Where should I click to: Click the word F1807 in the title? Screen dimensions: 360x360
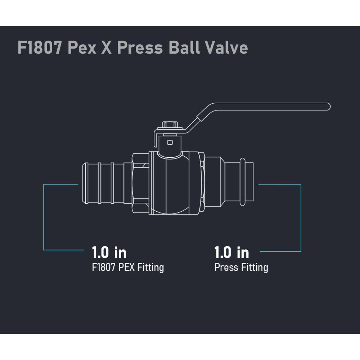tap(40, 48)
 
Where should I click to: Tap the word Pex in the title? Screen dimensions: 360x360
tap(82, 48)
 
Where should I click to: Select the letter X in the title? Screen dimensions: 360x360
tap(107, 48)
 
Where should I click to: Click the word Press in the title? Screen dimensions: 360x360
tap(140, 48)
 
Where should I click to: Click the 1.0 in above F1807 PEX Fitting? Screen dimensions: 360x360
tap(109, 252)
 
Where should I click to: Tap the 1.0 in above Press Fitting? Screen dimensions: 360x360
tap(231, 252)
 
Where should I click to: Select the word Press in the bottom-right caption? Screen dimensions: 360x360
tap(226, 267)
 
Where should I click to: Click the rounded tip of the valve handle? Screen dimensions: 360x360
tap(328, 107)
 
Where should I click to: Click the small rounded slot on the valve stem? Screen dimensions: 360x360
tap(170, 143)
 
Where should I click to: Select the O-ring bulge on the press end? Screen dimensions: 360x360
tap(242, 181)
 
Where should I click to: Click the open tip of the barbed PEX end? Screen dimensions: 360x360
tap(85, 183)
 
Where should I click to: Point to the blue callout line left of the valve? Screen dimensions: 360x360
tap(44, 217)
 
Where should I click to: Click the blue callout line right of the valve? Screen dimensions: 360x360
tap(301, 218)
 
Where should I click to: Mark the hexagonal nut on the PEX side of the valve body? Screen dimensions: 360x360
tap(140, 183)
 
